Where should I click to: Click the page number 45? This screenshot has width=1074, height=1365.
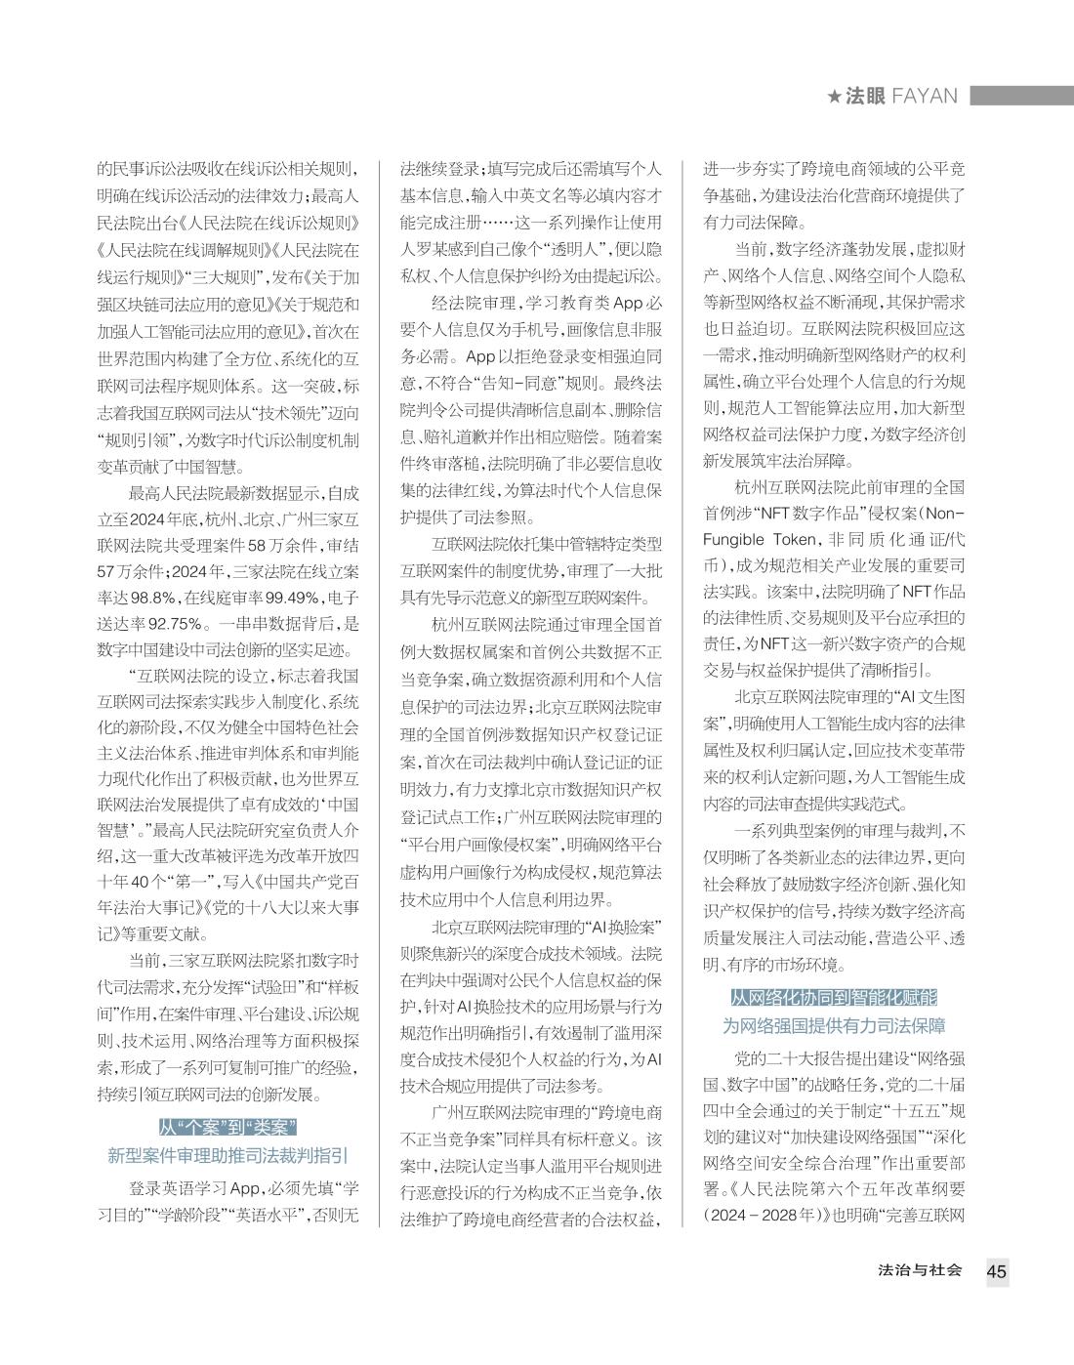click(996, 1271)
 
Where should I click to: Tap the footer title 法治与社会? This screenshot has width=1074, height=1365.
click(920, 1270)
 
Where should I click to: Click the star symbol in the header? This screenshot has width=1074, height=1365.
click(834, 96)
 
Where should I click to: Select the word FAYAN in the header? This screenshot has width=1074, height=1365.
click(924, 96)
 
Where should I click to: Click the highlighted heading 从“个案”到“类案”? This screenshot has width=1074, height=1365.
click(227, 1127)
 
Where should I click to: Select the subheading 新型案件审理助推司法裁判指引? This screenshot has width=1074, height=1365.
click(227, 1156)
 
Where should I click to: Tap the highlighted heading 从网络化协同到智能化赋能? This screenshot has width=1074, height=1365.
click(833, 997)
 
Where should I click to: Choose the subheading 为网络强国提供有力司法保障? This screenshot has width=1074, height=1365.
click(833, 1026)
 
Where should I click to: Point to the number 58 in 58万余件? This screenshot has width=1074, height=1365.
click(259, 544)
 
